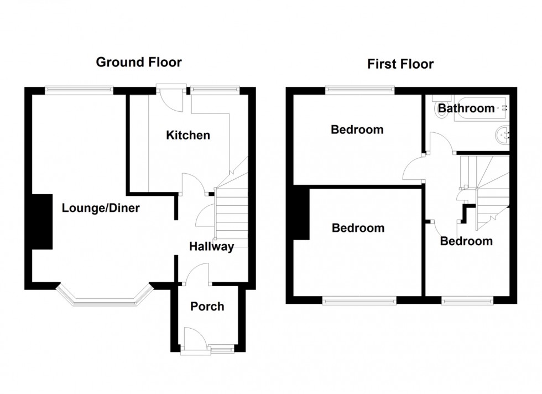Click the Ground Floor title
tap(139, 62)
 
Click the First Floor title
tap(400, 64)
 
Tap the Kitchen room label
tap(189, 135)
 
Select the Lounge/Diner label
tap(101, 209)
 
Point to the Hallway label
tap(211, 247)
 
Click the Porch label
tap(207, 306)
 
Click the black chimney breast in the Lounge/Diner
tap(42, 221)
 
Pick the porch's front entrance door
tap(195, 338)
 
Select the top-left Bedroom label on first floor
tap(357, 130)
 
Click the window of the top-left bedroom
tap(360, 88)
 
